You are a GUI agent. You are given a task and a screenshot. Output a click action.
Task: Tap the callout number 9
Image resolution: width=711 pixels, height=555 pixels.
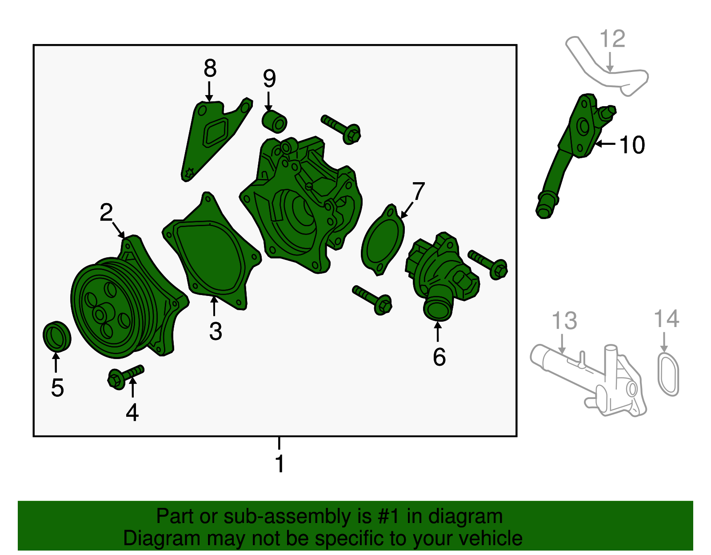pyautogui.click(x=269, y=79)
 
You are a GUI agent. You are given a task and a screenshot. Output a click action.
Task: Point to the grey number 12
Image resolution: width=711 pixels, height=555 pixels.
pyautogui.click(x=612, y=39)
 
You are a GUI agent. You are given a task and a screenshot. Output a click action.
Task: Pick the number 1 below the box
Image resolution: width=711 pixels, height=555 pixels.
pyautogui.click(x=280, y=463)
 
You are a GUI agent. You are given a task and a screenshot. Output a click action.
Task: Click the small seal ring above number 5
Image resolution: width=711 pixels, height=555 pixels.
pyautogui.click(x=57, y=336)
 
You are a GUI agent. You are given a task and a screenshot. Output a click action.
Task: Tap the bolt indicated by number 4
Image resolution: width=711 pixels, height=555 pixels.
pyautogui.click(x=126, y=377)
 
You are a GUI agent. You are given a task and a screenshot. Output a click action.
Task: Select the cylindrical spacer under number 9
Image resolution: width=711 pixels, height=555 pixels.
pyautogui.click(x=275, y=122)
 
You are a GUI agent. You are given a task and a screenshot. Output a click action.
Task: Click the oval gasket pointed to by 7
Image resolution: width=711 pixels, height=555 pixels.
pyautogui.click(x=383, y=240)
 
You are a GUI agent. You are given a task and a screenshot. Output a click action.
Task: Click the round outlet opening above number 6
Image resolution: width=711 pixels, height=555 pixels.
pyautogui.click(x=437, y=310)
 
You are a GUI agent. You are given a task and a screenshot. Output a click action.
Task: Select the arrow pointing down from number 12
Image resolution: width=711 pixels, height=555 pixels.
pyautogui.click(x=610, y=63)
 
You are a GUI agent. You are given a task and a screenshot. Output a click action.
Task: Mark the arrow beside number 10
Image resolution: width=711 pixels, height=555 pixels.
pyautogui.click(x=605, y=143)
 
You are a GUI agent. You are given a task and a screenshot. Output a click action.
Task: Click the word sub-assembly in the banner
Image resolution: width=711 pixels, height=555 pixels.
pyautogui.click(x=297, y=516)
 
